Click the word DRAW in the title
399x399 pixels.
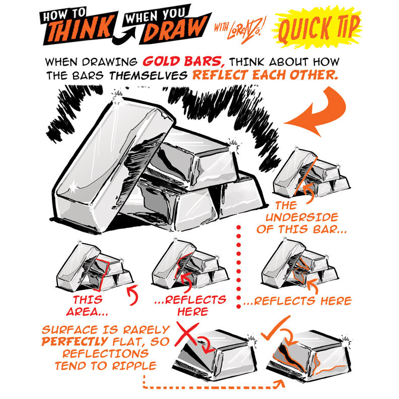tap(174, 31)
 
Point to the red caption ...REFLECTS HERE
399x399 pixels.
tap(189, 306)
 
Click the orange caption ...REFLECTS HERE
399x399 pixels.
tap(297, 301)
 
